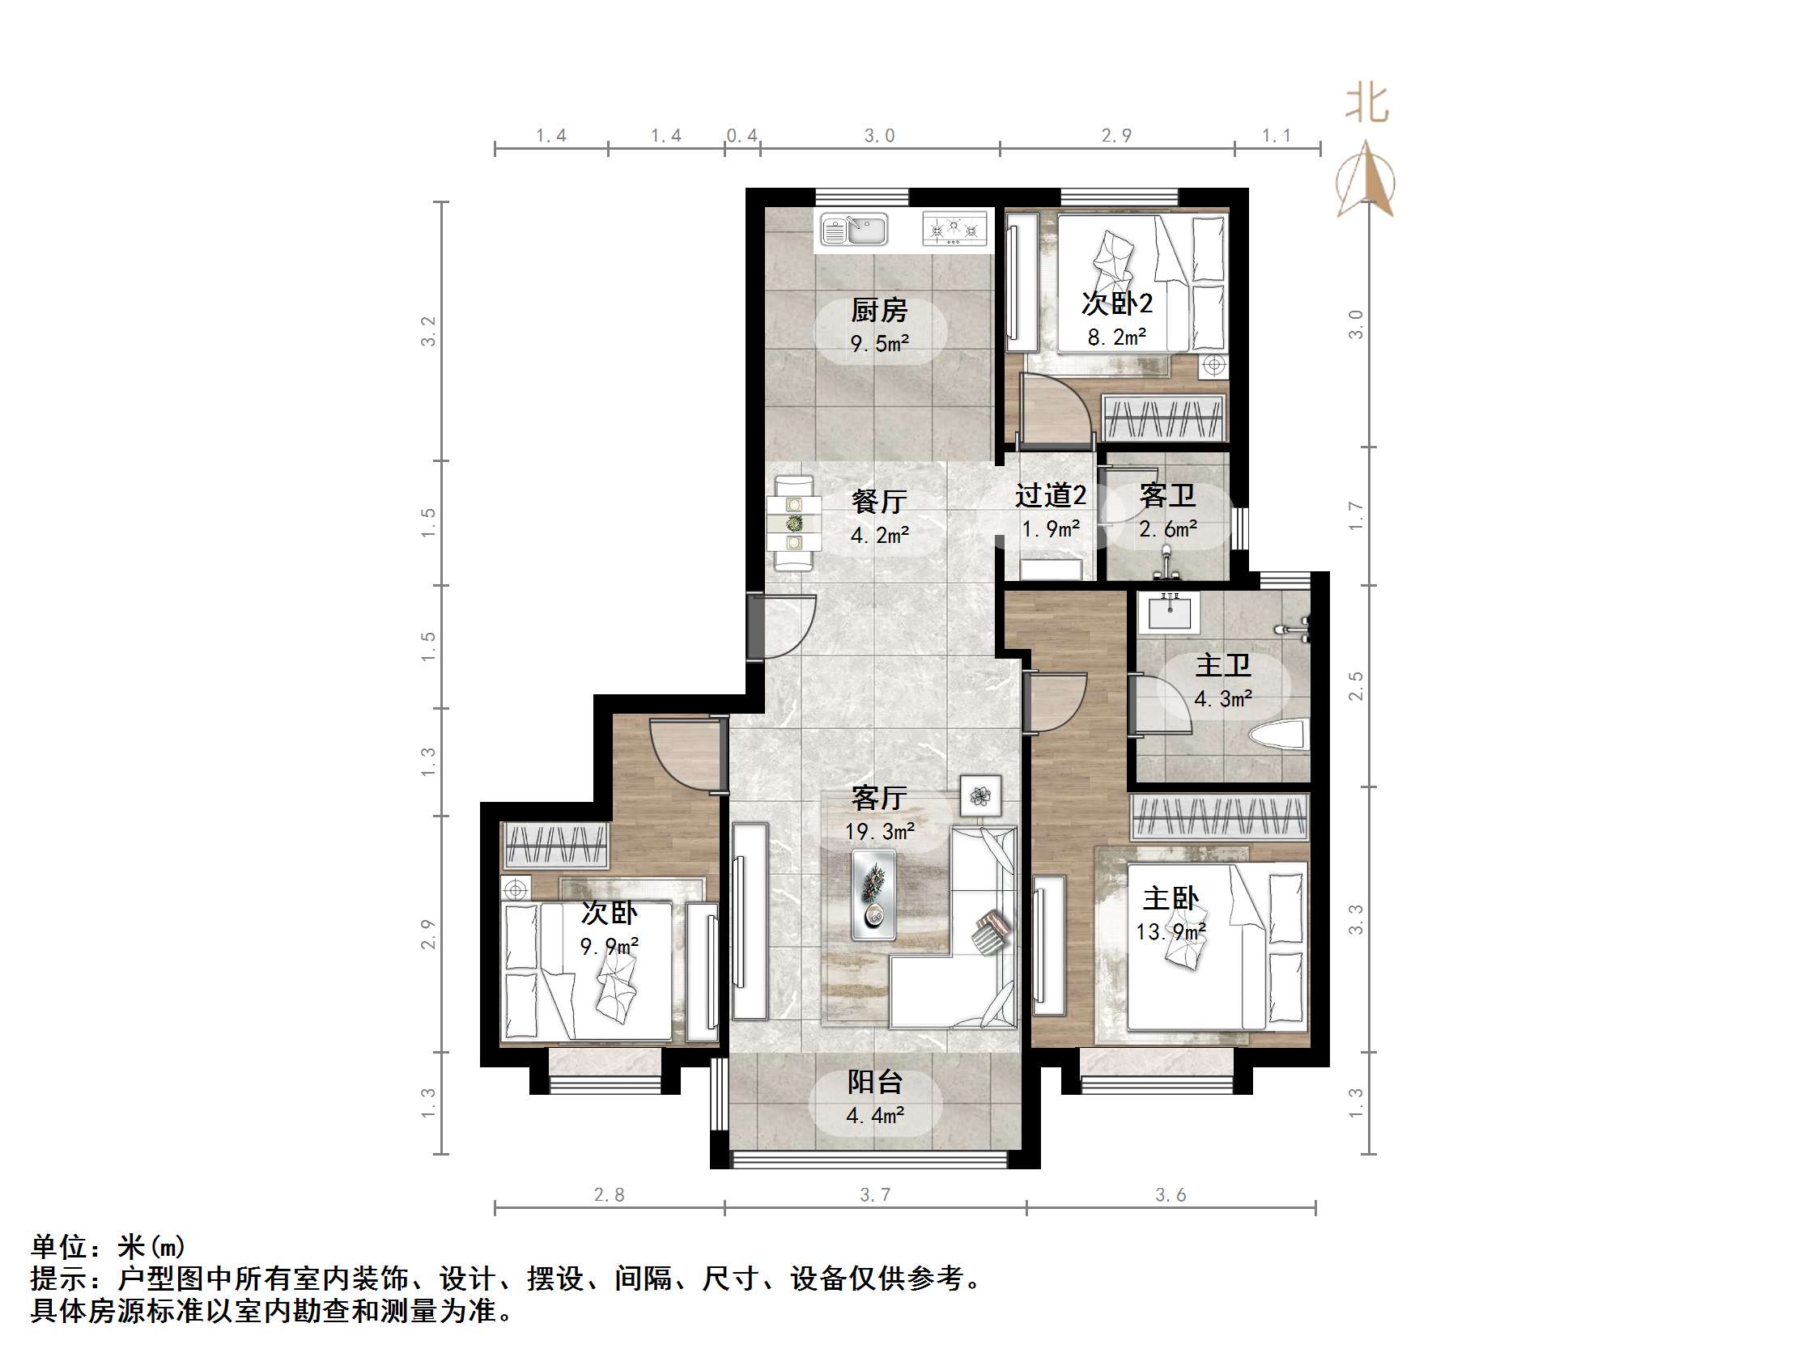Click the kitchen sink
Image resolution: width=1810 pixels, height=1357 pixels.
pyautogui.click(x=854, y=230)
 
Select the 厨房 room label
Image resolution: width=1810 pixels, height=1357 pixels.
pyautogui.click(x=880, y=310)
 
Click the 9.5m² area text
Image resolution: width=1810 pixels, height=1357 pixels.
pyautogui.click(x=880, y=344)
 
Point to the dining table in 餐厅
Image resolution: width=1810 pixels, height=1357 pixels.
pyautogui.click(x=793, y=524)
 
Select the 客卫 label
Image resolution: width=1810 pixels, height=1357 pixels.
pyautogui.click(x=1166, y=495)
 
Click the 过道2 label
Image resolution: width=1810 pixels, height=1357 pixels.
pyautogui.click(x=1051, y=495)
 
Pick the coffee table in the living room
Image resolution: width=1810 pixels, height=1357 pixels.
pyautogui.click(x=873, y=895)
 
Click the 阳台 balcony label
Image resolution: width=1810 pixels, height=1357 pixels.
pyautogui.click(x=875, y=1082)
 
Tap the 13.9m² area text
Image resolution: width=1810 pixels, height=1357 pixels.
pyautogui.click(x=1171, y=931)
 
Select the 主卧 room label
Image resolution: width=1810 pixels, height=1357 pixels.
pyautogui.click(x=1171, y=898)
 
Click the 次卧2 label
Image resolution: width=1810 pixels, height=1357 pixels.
pyautogui.click(x=1117, y=303)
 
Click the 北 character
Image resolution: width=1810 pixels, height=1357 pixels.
pyautogui.click(x=1367, y=105)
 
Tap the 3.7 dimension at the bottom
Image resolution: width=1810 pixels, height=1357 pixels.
pyautogui.click(x=875, y=1195)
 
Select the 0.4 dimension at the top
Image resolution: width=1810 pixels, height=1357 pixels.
pyautogui.click(x=742, y=136)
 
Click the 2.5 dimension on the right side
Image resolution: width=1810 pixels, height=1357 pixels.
pyautogui.click(x=1356, y=685)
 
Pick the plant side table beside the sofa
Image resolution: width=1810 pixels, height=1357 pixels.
pyautogui.click(x=980, y=795)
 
